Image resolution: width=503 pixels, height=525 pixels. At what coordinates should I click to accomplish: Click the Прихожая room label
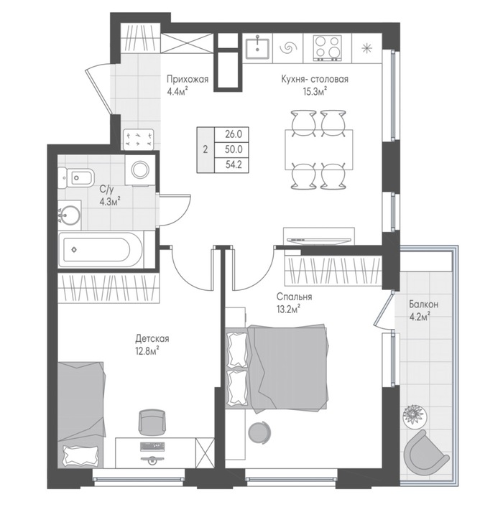[x=188, y=79]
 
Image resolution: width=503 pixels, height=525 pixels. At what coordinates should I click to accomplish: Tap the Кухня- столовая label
[x=315, y=79]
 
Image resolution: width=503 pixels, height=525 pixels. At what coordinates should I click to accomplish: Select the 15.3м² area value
[x=315, y=92]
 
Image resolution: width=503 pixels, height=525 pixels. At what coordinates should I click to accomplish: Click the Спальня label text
[x=295, y=297]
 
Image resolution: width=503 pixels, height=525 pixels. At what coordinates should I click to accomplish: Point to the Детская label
[x=152, y=338]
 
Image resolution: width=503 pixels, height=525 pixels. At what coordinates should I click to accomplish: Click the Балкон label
[x=423, y=305]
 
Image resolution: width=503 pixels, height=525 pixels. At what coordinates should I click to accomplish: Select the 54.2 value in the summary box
[x=234, y=164]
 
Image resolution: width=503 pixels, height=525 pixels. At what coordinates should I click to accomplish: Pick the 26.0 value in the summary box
[x=234, y=134]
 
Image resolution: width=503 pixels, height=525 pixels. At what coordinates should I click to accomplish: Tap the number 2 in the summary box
[x=206, y=149]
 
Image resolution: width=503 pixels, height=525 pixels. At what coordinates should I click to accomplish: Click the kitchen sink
[x=257, y=49]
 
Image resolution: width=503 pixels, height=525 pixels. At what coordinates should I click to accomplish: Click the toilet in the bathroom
[x=76, y=178]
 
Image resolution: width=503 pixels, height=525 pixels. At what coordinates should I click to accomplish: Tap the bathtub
[x=101, y=250]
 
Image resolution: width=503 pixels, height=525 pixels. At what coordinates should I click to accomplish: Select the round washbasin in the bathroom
[x=70, y=215]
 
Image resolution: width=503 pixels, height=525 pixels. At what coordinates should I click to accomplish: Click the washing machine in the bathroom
[x=140, y=169]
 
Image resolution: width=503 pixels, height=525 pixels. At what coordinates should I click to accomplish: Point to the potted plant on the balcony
[x=415, y=416]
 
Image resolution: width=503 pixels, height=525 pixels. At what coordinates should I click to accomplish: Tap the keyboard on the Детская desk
[x=153, y=446]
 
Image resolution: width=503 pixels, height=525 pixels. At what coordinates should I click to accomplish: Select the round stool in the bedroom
[x=259, y=432]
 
